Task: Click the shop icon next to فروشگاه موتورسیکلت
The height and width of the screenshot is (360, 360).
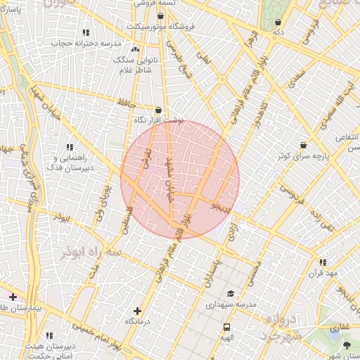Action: coord(161,15)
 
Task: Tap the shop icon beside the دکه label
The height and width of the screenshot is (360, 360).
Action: coord(278,22)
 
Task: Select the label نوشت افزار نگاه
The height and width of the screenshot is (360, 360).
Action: coord(159,120)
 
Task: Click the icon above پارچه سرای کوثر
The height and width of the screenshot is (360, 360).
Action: coord(303,145)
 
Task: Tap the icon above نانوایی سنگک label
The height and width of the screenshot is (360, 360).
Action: coord(135,50)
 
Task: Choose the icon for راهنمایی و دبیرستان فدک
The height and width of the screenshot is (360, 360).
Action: coord(70,147)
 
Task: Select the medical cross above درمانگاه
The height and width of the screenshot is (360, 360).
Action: coord(136,310)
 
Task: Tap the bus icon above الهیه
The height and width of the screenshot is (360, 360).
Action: coord(226,327)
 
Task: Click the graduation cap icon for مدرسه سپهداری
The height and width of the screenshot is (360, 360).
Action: coord(230,294)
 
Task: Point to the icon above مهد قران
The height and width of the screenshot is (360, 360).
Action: coord(323,262)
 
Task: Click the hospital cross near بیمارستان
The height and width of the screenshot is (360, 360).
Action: coord(13,297)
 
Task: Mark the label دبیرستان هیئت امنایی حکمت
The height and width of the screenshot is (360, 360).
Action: coord(49,352)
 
